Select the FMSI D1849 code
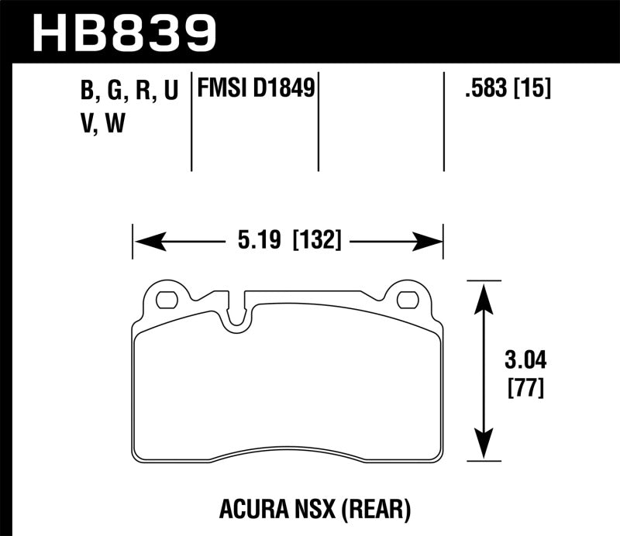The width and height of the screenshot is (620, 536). [256, 90]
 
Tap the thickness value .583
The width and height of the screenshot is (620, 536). [483, 90]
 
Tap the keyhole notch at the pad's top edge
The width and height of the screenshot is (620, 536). [237, 314]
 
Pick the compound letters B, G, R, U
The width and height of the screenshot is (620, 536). [129, 91]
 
